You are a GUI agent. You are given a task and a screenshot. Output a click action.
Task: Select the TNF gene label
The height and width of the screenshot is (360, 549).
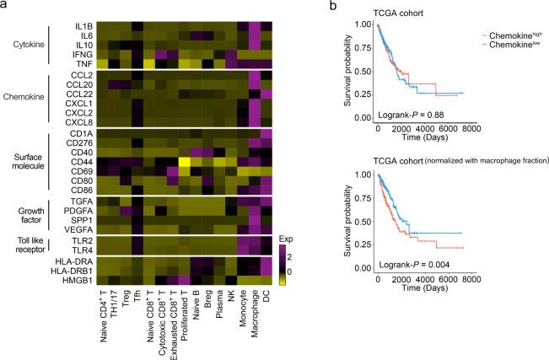[81, 63]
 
